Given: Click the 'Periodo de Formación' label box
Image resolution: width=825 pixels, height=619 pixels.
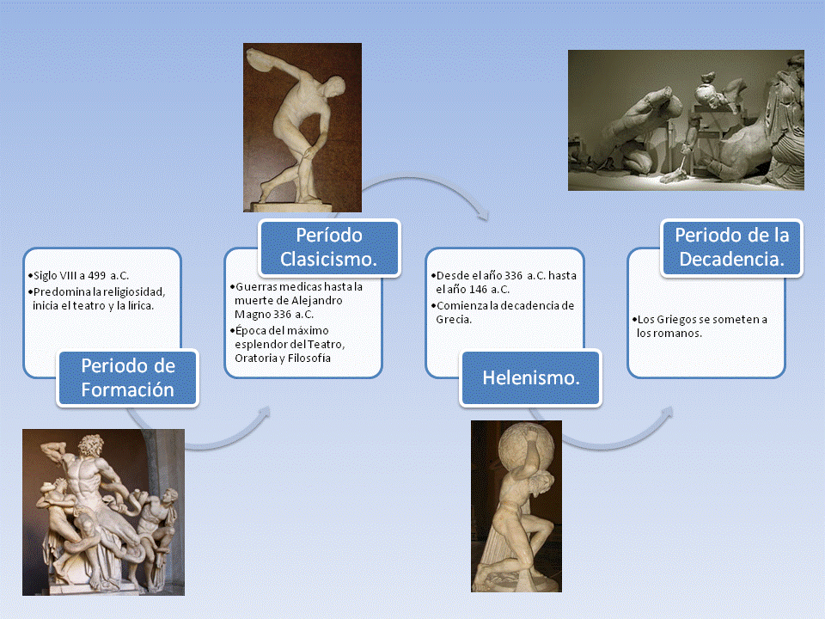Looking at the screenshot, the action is (x=127, y=378).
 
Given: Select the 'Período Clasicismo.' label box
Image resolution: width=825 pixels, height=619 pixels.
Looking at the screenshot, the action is (x=329, y=248).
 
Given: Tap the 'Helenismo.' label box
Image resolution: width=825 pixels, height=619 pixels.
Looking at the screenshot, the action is (x=530, y=378).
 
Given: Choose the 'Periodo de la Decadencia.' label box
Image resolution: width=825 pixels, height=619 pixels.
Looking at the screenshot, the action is (x=732, y=248).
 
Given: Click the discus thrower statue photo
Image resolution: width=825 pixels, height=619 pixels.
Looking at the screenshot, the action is (x=302, y=127).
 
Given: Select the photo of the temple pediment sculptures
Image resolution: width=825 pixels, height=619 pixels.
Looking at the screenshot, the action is (x=686, y=120).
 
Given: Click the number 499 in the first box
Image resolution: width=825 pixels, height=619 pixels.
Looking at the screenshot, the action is (x=97, y=275).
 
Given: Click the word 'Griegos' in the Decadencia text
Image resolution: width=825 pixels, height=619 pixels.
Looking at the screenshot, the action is (x=678, y=320).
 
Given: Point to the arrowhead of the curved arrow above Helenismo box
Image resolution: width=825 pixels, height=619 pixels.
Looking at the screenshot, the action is (x=481, y=214).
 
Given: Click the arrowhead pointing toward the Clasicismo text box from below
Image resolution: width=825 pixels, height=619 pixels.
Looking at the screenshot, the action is (x=264, y=412).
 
